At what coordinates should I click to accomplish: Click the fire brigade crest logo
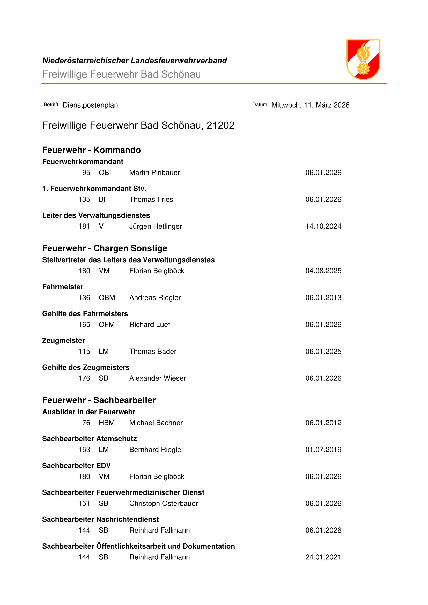click(363, 59)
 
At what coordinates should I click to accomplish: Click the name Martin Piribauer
click(154, 173)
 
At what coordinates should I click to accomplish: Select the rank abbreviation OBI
click(105, 173)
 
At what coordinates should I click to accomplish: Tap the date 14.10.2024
click(323, 226)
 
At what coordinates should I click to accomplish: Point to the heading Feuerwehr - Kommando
click(91, 150)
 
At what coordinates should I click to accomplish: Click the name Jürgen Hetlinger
click(156, 226)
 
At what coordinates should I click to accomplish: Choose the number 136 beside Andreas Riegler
click(84, 298)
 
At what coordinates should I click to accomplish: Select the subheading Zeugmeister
click(63, 340)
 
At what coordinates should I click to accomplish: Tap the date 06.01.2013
click(323, 298)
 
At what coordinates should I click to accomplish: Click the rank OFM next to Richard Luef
click(107, 325)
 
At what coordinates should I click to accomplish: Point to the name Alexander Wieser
click(158, 378)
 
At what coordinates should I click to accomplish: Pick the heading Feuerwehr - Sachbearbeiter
click(99, 400)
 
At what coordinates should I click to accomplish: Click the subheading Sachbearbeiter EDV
click(76, 466)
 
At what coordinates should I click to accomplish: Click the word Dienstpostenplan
click(90, 105)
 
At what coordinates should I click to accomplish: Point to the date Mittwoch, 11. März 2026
click(310, 105)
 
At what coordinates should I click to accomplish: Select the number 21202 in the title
click(220, 125)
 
